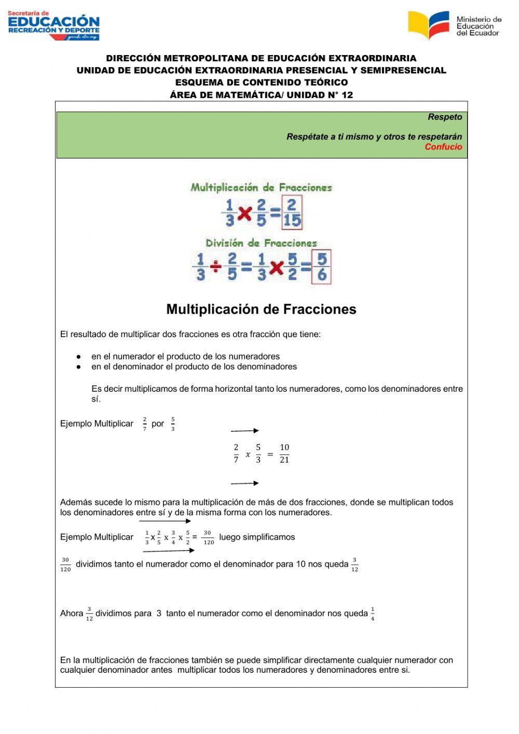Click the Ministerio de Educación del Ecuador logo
(454, 25)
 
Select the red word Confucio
(443, 147)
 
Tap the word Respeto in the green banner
(445, 117)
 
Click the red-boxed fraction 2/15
(292, 212)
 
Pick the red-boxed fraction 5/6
(321, 267)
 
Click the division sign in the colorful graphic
(216, 267)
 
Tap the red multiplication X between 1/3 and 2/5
(244, 213)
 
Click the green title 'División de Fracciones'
(261, 243)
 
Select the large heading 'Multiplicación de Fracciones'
(261, 309)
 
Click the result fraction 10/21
(284, 453)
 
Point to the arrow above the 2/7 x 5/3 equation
(244, 431)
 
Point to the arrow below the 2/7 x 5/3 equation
(244, 483)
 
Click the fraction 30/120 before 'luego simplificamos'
(208, 537)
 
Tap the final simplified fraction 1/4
(373, 614)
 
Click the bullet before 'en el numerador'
(78, 357)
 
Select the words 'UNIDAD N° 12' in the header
(320, 95)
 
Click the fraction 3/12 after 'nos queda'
(354, 565)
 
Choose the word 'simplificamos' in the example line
(268, 537)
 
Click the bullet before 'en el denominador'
(78, 367)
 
